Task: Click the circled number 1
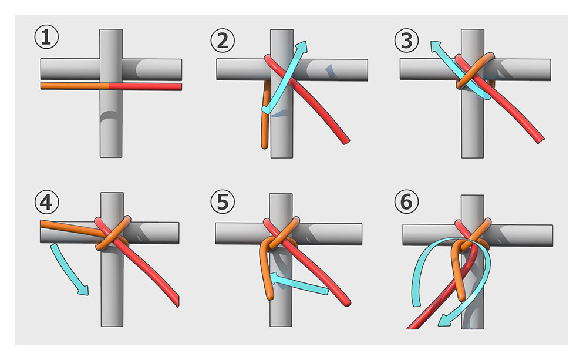click(46, 37)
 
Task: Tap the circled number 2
click(223, 41)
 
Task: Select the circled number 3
click(406, 41)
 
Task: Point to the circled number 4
click(46, 202)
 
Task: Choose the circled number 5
click(223, 202)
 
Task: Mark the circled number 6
click(406, 202)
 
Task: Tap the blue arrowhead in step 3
click(436, 46)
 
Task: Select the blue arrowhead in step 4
click(84, 290)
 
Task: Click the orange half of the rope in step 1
click(75, 86)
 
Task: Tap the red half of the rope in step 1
click(146, 87)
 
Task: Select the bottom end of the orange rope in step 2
click(264, 146)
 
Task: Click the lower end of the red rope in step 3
click(541, 140)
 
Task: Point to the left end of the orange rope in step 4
click(42, 224)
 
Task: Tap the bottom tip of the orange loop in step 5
click(270, 297)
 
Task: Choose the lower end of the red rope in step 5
click(347, 302)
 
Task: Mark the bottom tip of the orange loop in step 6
click(461, 298)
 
